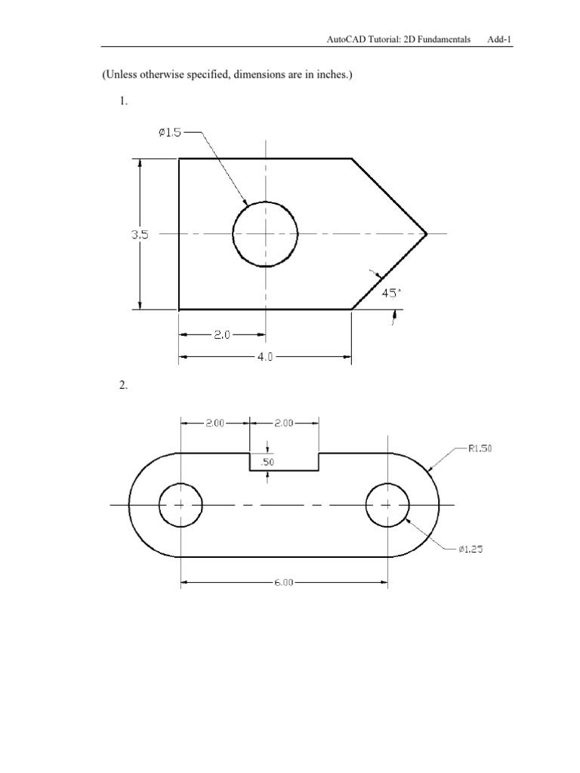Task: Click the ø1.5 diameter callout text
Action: (170, 132)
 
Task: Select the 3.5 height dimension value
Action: (140, 235)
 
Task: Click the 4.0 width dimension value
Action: (264, 359)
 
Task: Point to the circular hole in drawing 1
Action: (265, 234)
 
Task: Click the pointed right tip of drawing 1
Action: (426, 234)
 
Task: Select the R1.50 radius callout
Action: (480, 448)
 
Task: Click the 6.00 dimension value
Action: (283, 582)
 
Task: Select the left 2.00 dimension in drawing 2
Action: (214, 423)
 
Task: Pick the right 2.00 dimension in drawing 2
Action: (284, 423)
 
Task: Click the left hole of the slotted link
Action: (180, 505)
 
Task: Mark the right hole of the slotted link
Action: (387, 505)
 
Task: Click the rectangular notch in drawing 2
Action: (284, 461)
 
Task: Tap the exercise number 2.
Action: (123, 386)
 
